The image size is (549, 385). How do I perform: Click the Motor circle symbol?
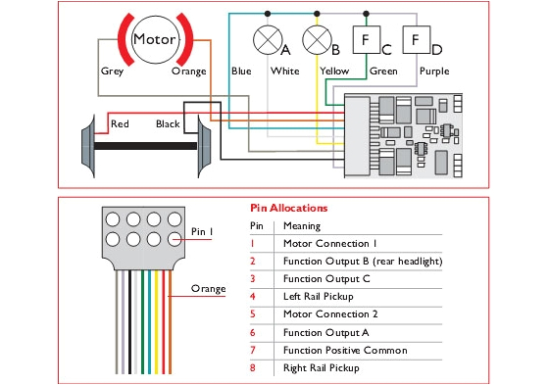153,40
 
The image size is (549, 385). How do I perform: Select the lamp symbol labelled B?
316,40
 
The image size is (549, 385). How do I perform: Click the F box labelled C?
366,40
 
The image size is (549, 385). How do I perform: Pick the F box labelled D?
416,40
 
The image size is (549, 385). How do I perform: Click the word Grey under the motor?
111,72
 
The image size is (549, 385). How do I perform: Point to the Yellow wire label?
333,72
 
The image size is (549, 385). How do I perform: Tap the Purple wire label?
434,72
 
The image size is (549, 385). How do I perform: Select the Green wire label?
382,72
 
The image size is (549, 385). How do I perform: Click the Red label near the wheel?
120,124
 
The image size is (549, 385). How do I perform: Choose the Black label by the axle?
168,124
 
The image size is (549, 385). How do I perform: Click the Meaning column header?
301,225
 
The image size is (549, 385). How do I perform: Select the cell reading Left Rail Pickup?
321,296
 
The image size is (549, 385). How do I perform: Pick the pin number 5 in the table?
252,314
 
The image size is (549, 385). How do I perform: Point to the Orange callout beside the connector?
208,289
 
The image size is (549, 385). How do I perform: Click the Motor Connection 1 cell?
328,243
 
